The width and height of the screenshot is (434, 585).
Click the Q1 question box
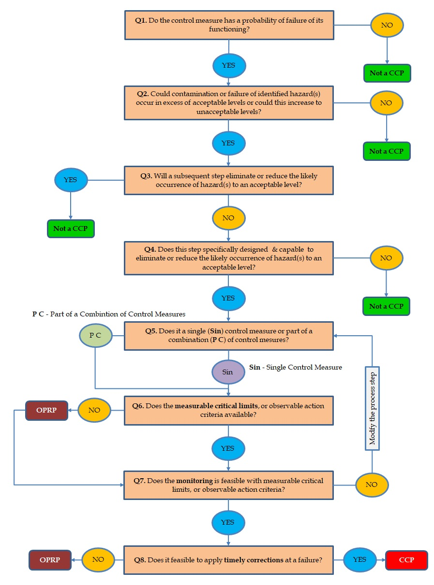[229, 25]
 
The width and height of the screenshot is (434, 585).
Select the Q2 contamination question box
[229, 103]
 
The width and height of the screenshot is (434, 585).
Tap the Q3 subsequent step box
[229, 180]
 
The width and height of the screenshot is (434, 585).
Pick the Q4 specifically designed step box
[229, 258]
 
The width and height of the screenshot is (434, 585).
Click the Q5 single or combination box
[229, 335]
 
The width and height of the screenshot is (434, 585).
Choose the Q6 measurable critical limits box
[229, 411]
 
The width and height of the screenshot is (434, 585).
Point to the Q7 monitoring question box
[229, 485]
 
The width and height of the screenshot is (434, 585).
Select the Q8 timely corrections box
[229, 560]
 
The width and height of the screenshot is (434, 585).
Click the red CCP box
[406, 560]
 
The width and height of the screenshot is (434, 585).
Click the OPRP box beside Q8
[50, 560]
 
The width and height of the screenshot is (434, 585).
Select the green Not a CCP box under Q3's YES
[71, 228]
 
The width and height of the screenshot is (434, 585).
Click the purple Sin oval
[228, 372]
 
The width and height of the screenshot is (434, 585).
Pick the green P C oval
[95, 334]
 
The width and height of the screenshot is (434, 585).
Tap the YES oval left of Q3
[71, 180]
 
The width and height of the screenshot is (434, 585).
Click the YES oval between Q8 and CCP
[359, 559]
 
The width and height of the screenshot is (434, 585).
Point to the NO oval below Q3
[228, 218]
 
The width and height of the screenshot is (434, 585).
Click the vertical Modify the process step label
[372, 409]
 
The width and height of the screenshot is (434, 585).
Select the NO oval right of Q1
[387, 25]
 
